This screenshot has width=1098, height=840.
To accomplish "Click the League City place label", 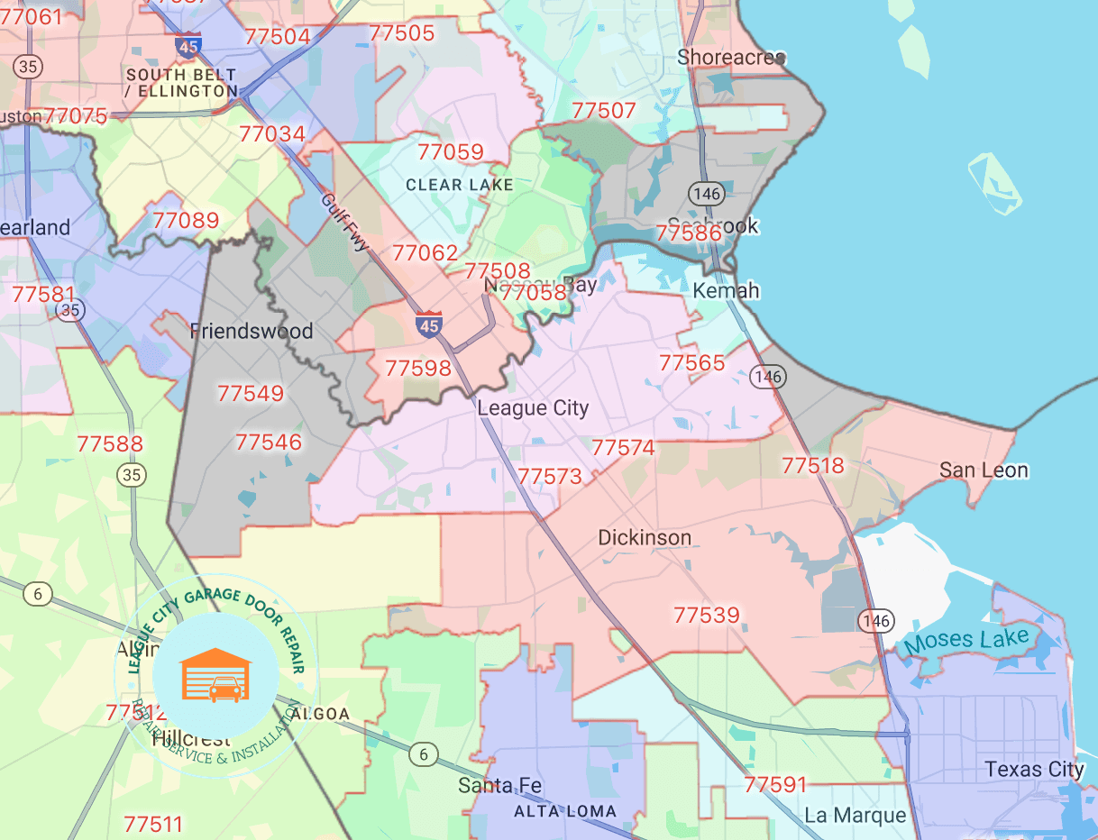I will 533,408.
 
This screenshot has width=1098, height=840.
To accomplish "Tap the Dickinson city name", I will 645,538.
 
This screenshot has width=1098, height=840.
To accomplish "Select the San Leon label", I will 984,470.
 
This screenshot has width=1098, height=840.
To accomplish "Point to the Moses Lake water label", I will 965,642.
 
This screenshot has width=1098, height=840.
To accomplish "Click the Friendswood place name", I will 252,332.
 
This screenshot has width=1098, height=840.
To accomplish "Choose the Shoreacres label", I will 731,58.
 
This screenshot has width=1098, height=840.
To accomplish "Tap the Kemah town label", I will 726,291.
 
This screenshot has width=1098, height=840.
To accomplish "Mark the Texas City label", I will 1034,770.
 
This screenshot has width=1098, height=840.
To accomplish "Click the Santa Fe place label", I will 500,785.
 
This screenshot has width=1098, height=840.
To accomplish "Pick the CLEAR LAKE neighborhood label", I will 460,185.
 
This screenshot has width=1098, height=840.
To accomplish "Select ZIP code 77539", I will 707,616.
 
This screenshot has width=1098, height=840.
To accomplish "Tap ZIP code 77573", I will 550,476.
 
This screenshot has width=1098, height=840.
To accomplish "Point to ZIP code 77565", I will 691,362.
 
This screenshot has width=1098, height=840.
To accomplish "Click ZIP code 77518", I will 813,465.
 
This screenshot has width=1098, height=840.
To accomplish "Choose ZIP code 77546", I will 268,443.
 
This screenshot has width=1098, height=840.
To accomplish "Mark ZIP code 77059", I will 451,151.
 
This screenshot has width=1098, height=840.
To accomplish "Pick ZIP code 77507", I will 604,111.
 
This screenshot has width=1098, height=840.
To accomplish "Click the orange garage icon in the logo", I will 216,675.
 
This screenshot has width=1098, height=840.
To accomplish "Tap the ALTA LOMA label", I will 565,811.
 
